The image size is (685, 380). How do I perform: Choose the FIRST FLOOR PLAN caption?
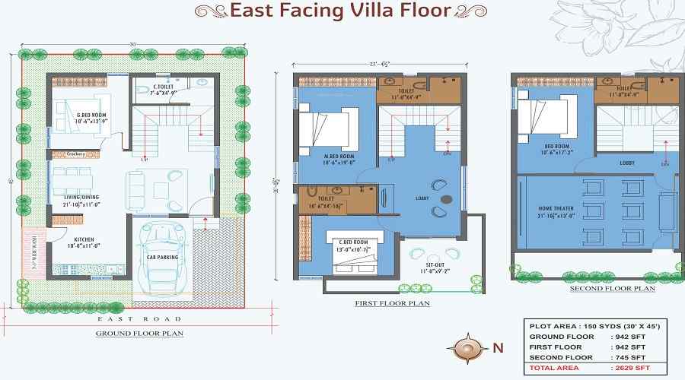click(392, 303)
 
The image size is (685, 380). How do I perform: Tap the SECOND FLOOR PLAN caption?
click(613, 289)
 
